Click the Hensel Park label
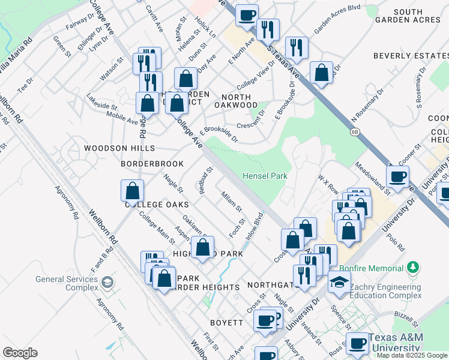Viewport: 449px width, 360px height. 265,176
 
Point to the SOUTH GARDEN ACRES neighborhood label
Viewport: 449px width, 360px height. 417,16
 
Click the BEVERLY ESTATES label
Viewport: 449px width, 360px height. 411,56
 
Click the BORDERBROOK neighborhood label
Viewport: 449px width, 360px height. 151,163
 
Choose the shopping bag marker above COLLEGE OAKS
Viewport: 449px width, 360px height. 133,191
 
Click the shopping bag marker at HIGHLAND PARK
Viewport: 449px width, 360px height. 203,247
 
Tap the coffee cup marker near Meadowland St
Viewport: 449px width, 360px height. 397,176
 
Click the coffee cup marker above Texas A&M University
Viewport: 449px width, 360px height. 358,343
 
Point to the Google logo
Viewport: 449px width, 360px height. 20,353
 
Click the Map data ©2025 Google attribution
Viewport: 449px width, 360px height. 412,355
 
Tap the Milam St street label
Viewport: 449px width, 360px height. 231,202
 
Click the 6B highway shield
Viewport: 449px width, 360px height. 354,131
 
